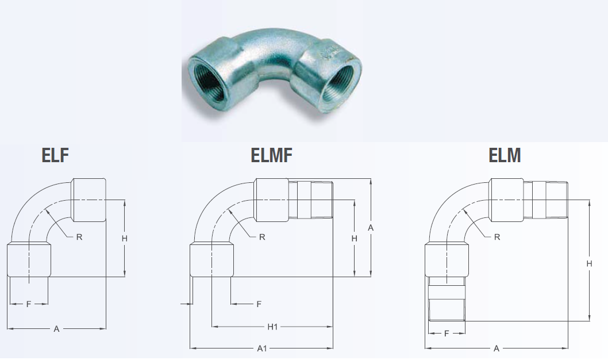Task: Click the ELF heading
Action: [x=55, y=155]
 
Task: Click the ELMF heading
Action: [x=271, y=155]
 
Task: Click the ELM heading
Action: [x=505, y=155]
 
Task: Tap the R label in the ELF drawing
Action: [x=79, y=237]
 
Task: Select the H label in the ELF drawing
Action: [x=125, y=239]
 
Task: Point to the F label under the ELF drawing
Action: [x=28, y=305]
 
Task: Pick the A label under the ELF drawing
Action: [x=56, y=329]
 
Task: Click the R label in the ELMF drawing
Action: [x=262, y=237]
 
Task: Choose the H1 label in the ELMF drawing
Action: [x=272, y=327]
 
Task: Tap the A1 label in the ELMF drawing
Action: [x=262, y=348]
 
